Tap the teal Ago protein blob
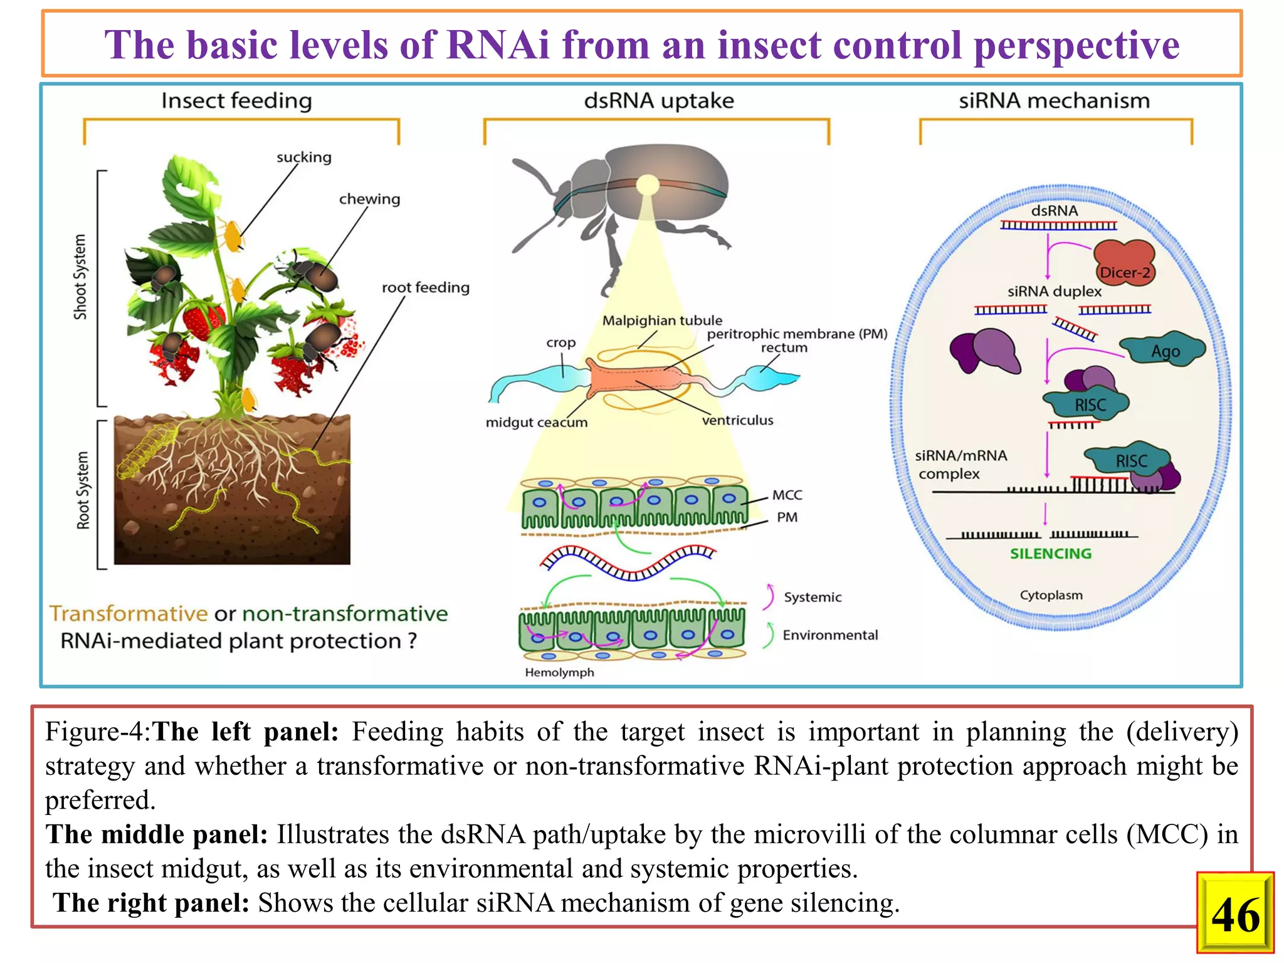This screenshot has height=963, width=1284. [1164, 350]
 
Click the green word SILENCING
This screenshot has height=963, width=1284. [1051, 554]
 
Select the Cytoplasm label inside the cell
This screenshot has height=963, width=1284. [1051, 595]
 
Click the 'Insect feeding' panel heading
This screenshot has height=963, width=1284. [236, 100]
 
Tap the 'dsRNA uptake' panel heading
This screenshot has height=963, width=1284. [658, 100]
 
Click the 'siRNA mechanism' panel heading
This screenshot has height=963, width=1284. [1054, 100]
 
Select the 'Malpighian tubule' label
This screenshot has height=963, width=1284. [662, 320]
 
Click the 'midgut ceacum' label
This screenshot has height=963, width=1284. [537, 423]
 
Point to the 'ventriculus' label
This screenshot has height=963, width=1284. [737, 420]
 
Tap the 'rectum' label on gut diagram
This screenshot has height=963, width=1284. [784, 347]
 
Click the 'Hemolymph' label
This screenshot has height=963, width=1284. [559, 673]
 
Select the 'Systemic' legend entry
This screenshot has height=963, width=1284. [813, 597]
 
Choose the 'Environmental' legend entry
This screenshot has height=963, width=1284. [830, 635]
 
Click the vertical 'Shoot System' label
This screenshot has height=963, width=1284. [80, 277]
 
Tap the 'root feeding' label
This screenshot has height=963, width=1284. [426, 287]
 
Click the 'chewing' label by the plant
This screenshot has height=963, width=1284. [369, 199]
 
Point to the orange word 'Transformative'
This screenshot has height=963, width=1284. [129, 613]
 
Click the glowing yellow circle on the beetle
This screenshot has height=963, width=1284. [648, 186]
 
